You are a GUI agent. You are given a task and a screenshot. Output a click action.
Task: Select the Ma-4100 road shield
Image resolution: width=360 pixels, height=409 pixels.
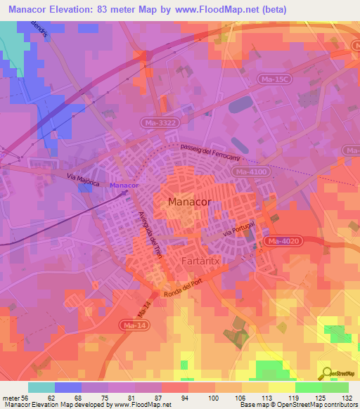coord(252,171)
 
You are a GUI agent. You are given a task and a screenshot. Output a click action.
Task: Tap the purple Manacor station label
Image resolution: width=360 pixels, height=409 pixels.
coord(124,185)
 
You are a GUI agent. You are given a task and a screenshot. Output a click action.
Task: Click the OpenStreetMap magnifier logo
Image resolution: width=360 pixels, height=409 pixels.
coord(327,373)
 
